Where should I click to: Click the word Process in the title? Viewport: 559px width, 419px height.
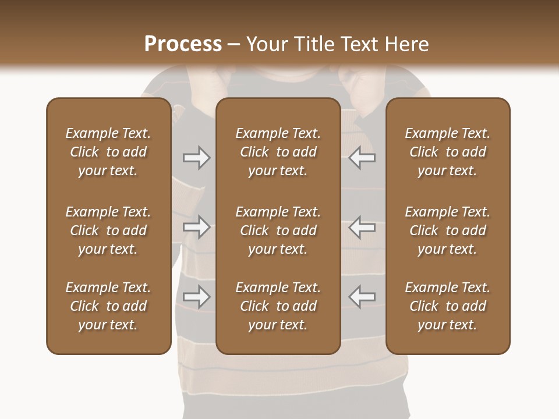[x=183, y=44]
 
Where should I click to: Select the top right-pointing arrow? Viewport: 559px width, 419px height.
[x=197, y=158]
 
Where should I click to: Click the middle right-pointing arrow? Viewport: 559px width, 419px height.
[x=197, y=227]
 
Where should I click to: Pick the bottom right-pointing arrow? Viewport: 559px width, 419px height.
[x=197, y=297]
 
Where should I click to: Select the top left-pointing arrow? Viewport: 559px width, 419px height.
[x=362, y=158]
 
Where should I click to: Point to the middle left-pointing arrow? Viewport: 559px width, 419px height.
[x=362, y=227]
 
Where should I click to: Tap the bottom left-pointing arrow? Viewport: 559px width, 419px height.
[x=362, y=297]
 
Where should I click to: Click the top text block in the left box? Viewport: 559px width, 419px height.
[x=108, y=152]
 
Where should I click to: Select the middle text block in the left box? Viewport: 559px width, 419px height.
[x=108, y=230]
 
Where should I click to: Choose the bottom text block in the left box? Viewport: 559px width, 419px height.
[x=108, y=306]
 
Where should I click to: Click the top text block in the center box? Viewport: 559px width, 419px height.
[x=278, y=152]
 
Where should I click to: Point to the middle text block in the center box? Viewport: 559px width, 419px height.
[x=278, y=230]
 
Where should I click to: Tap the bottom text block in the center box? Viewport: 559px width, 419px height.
[x=278, y=306]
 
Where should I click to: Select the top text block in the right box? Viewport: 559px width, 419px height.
[x=448, y=152]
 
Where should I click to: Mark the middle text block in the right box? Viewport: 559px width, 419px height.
[x=448, y=230]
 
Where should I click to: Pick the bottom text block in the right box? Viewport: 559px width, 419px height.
[x=448, y=306]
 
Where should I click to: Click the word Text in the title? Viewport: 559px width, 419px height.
[x=359, y=44]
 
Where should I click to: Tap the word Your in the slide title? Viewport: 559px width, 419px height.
[x=268, y=44]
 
